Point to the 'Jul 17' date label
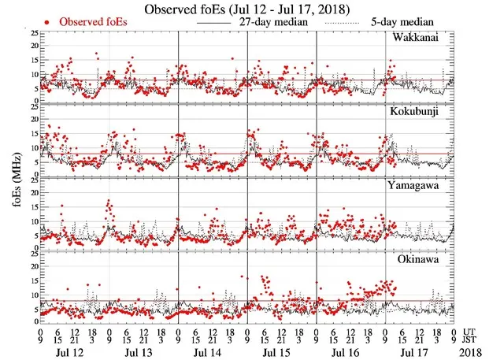[410, 347]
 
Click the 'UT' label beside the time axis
[470, 330]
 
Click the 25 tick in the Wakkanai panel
[31, 34]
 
